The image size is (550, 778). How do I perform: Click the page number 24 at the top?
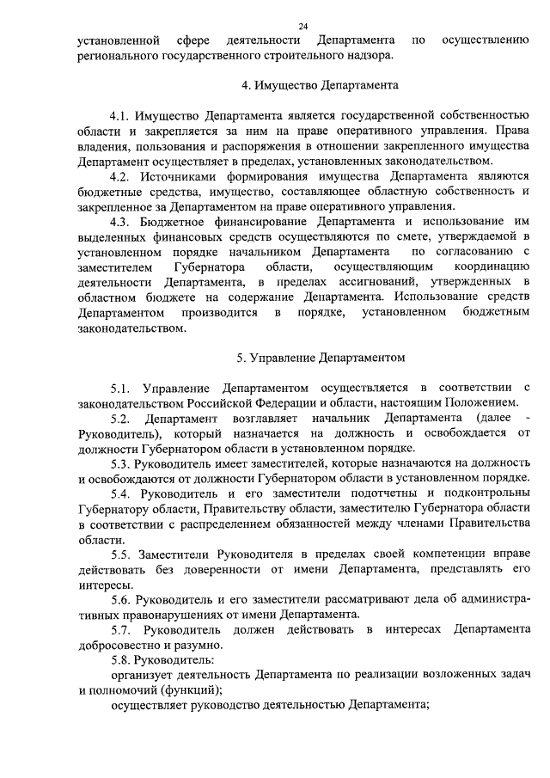pyautogui.click(x=302, y=28)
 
